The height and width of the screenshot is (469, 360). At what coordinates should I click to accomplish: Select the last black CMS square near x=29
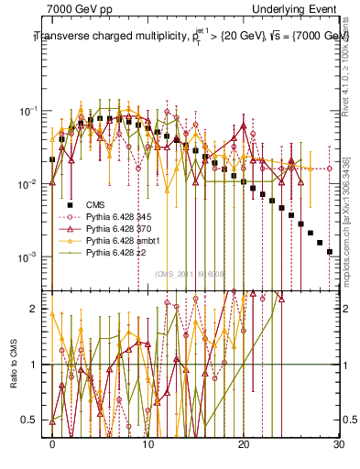click(329, 251)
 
